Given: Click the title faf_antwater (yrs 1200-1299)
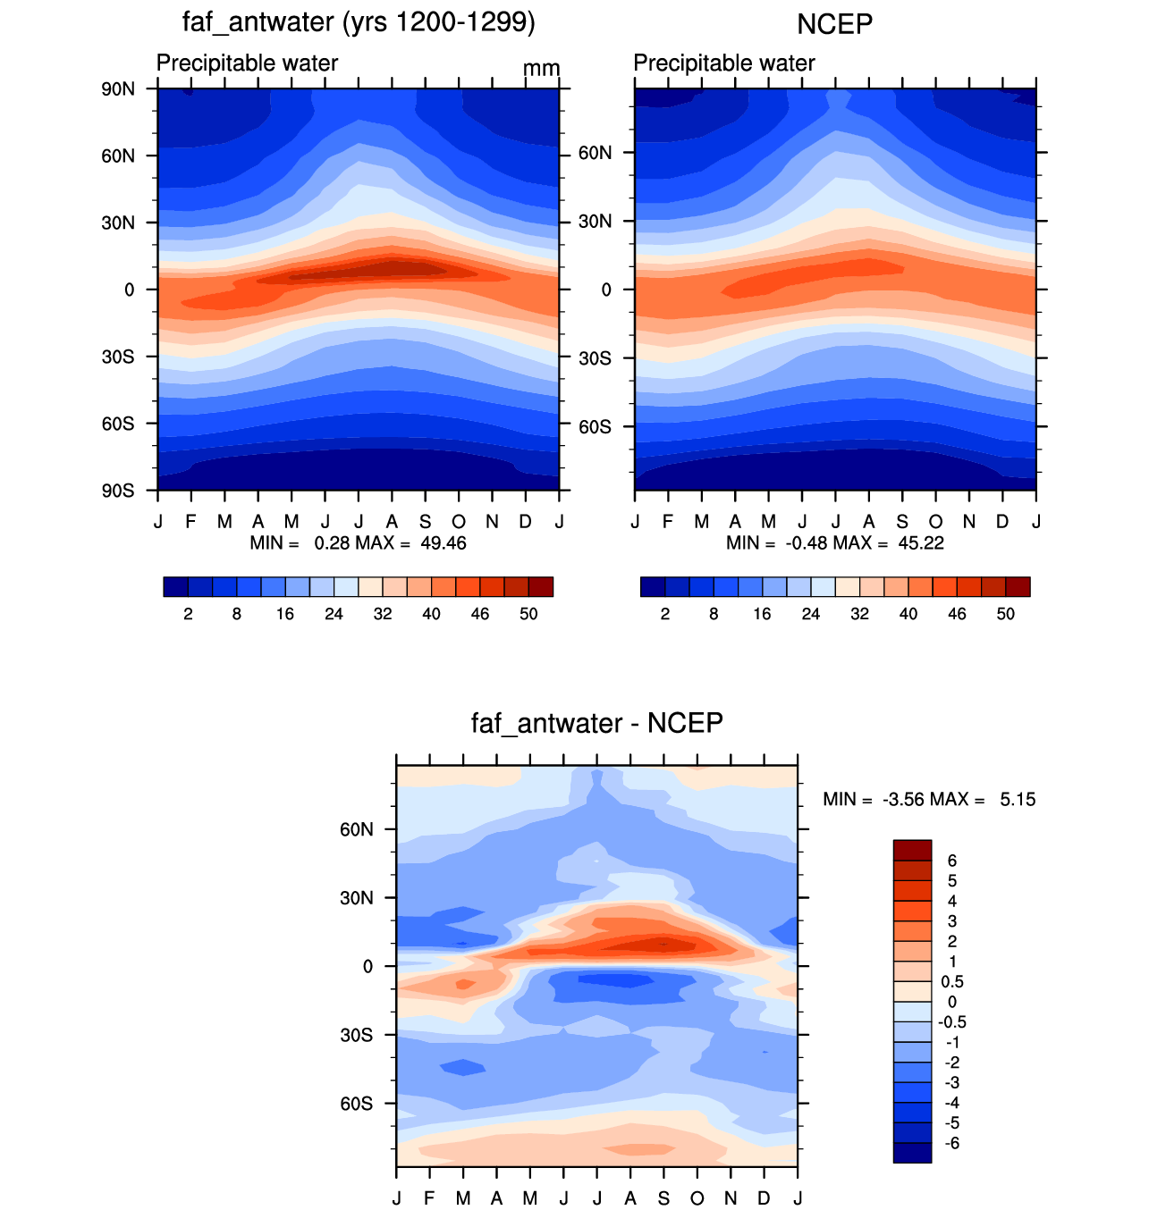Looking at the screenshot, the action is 358,23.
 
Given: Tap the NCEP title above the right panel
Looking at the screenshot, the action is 834,25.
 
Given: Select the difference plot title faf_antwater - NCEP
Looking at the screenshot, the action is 596,723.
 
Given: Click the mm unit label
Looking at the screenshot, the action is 541,69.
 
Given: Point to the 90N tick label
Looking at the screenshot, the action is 118,89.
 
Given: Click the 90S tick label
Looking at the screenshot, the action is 118,491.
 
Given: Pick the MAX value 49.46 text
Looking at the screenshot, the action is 443,543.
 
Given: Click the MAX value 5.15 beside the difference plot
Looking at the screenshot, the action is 1018,800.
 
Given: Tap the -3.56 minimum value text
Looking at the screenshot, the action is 903,800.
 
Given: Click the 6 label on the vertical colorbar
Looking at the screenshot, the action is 952,861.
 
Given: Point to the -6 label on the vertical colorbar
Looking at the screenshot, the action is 952,1143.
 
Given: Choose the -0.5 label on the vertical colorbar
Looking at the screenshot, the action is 952,1022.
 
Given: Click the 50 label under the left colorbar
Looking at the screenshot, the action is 528,614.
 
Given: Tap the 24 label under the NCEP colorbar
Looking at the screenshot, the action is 811,614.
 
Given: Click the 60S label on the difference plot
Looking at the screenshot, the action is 356,1104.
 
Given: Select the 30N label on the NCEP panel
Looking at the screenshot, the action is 595,221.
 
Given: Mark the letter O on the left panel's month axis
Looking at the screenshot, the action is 459,522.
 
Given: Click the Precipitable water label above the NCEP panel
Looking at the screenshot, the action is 724,63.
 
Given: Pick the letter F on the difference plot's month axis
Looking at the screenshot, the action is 429,1197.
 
